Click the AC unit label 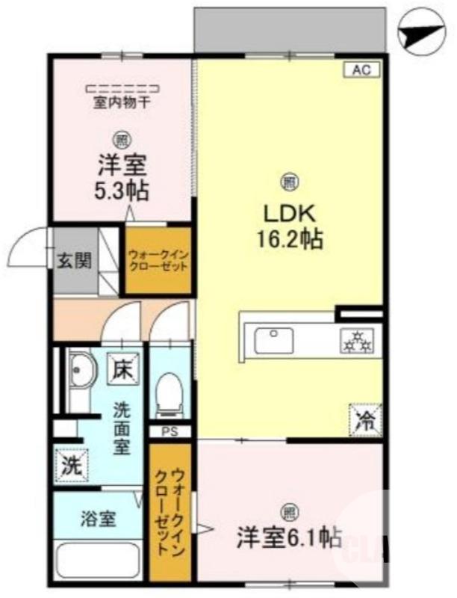(362, 70)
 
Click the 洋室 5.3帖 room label (121, 177)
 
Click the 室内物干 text (121, 103)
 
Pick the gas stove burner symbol (356, 341)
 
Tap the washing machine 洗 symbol (70, 466)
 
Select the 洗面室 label (121, 428)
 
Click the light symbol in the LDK (287, 180)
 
